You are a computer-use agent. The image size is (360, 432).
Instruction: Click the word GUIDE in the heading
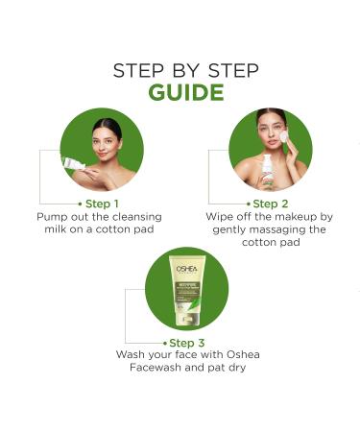point(180,92)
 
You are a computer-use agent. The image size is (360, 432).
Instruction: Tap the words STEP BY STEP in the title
point(180,69)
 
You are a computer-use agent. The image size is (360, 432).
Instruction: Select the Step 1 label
point(102,204)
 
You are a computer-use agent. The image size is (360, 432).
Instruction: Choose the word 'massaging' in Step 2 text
point(274,229)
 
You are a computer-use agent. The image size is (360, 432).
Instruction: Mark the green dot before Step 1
point(79,204)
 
